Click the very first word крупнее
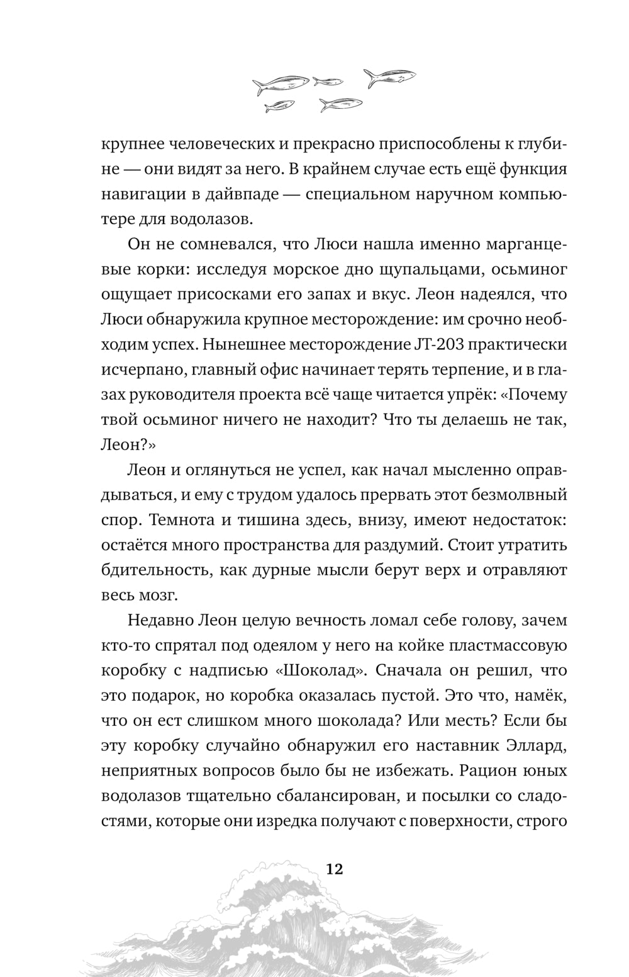coord(131,144)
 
